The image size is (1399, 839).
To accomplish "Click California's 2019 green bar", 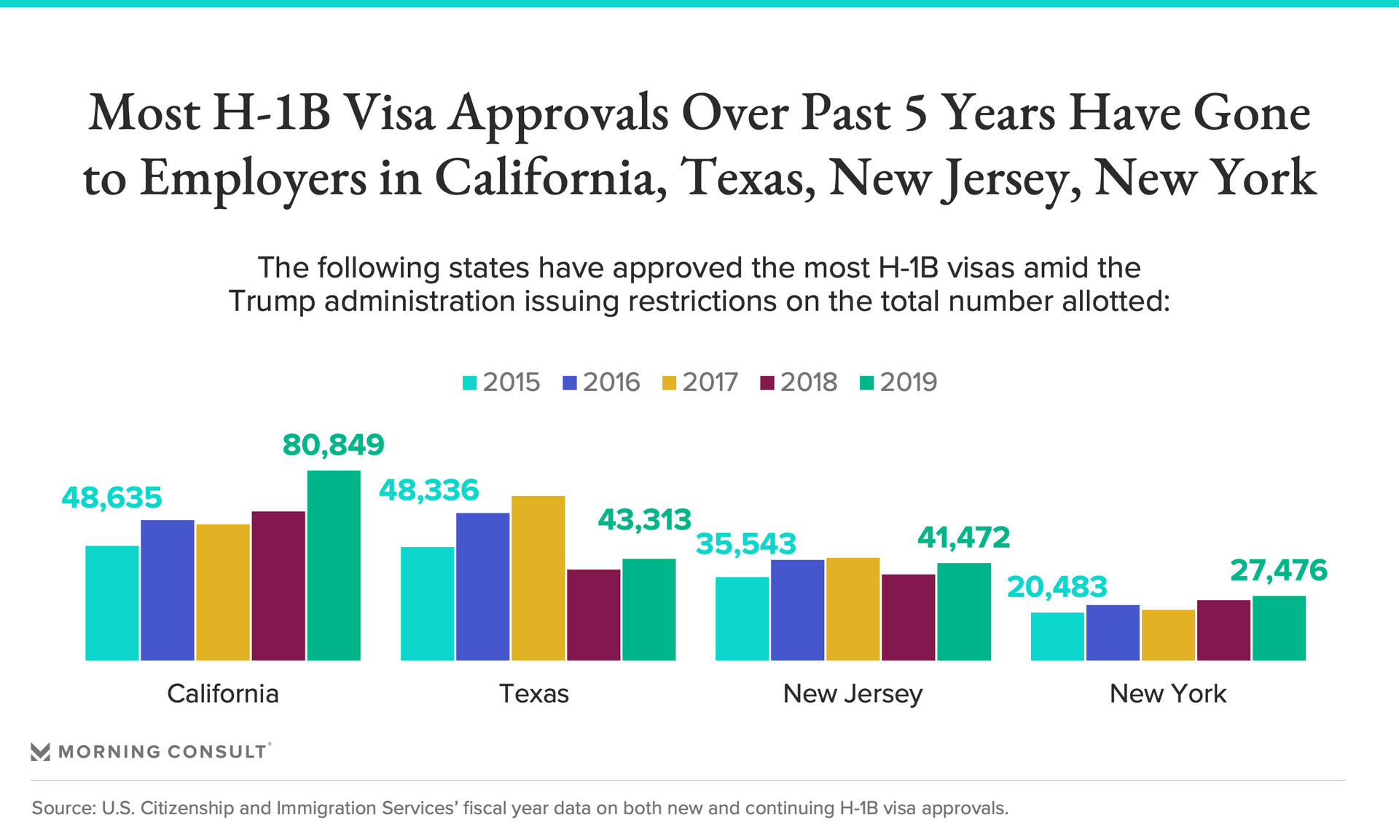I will (x=334, y=565).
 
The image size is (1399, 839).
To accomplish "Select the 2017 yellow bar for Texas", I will (x=538, y=578).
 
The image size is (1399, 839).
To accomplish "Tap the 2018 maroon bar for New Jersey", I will (x=908, y=617).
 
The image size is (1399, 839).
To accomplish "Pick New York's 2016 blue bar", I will (x=1113, y=632).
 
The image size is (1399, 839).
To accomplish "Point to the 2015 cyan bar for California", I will (x=111, y=602).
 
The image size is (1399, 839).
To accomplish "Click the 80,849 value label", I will (x=333, y=445).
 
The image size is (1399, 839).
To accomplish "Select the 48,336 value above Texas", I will (x=428, y=491).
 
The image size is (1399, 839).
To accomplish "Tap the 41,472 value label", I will (x=963, y=538).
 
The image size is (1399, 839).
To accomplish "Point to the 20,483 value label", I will (x=1057, y=587).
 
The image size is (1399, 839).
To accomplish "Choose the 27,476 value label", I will (x=1279, y=570).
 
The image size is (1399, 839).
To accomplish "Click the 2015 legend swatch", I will (x=470, y=382).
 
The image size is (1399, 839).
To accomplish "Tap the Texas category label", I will (x=533, y=693).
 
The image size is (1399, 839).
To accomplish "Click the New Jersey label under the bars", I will (x=853, y=693).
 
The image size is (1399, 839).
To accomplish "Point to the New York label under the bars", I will (x=1167, y=693).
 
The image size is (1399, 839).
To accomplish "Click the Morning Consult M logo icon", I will (x=40, y=752).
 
